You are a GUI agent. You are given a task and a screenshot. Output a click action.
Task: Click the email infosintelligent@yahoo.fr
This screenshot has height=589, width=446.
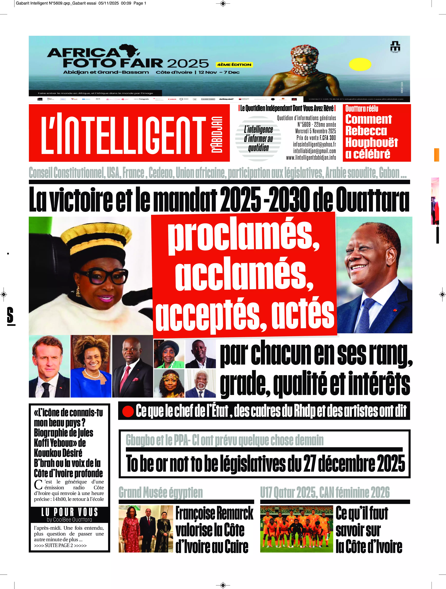click(x=314, y=144)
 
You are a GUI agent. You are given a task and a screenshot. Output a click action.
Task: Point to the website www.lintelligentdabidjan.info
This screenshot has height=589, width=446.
click(x=311, y=158)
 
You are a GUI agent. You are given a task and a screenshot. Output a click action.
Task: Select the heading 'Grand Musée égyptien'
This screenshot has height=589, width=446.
click(x=161, y=492)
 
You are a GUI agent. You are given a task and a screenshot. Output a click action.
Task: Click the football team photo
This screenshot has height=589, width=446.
click(x=296, y=529)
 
